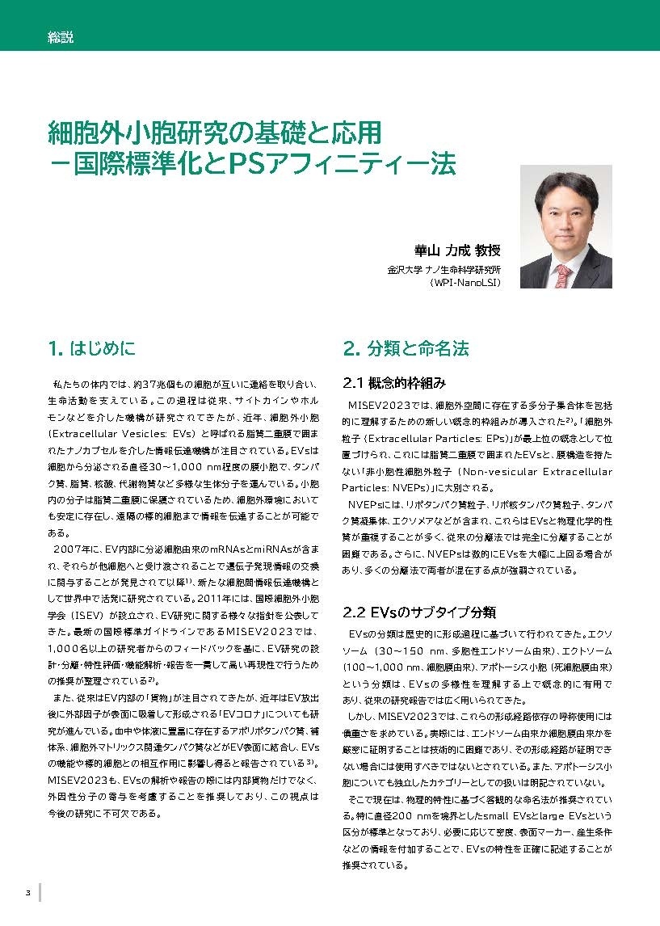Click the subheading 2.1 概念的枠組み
pos(394,382)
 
